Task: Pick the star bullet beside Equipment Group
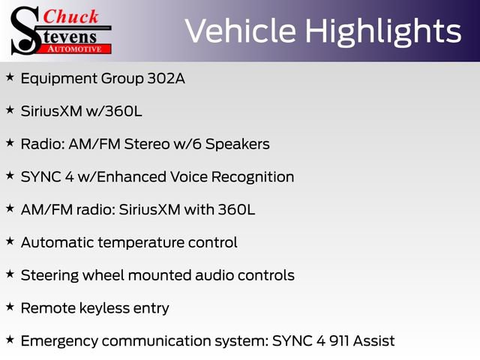coord(10,76)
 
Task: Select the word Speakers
coord(238,144)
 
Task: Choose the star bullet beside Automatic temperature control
coord(10,241)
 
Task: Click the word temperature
coord(136,243)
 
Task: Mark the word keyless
coord(101,308)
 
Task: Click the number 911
coord(334,341)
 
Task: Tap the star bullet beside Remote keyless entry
coord(10,306)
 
